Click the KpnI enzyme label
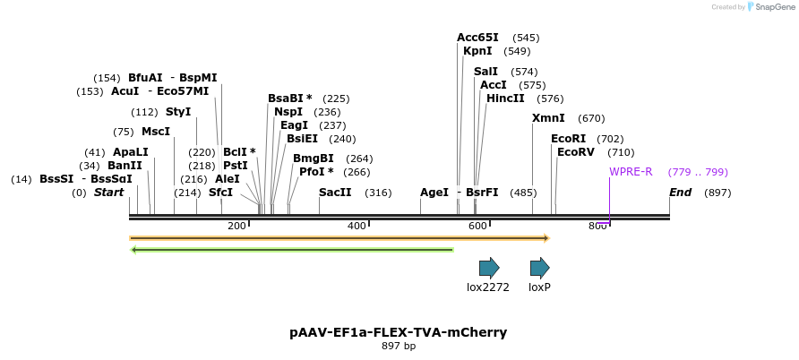coord(477,51)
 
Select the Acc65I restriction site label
coord(477,38)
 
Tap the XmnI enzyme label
coord(548,118)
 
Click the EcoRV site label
coord(575,152)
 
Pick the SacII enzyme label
coord(335,193)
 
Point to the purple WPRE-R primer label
coord(631,172)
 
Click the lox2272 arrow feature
coord(489,268)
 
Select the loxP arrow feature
coord(539,268)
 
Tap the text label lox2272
coord(488,287)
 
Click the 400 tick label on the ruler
coord(357,226)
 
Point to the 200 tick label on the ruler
coord(236,226)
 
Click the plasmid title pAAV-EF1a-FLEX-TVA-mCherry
coord(399,332)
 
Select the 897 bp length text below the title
coord(399,346)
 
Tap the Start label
coord(108,193)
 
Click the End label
coord(680,193)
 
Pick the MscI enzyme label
coord(155,132)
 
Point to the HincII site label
coord(505,99)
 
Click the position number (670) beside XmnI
coord(591,118)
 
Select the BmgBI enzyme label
coord(314,159)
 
